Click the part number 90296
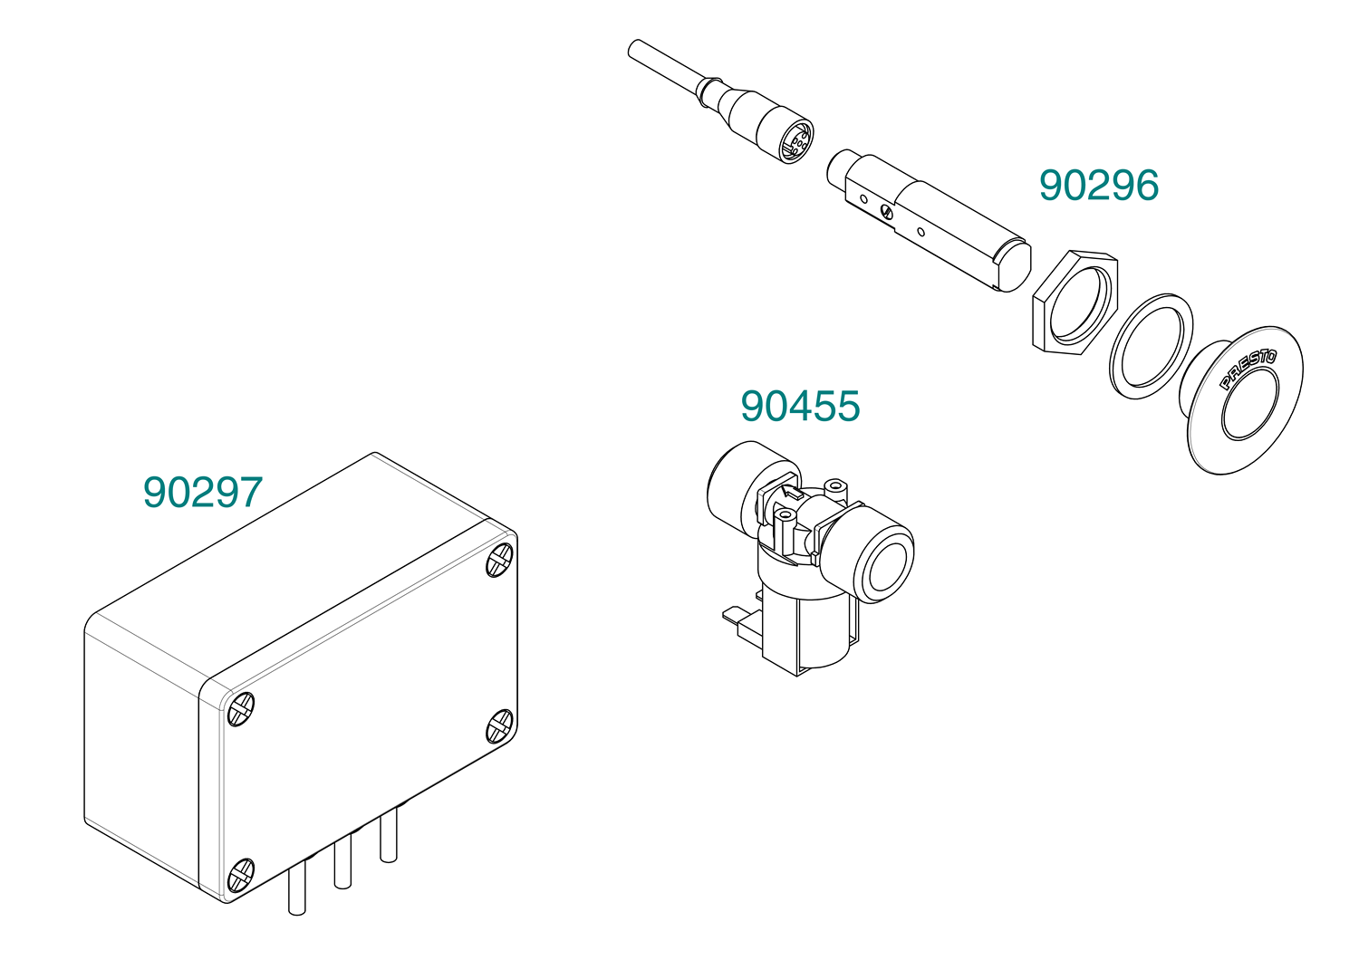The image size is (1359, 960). (x=1099, y=185)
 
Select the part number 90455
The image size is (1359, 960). (x=800, y=406)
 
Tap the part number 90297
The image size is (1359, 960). (x=203, y=492)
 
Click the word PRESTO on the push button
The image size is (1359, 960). (x=1248, y=369)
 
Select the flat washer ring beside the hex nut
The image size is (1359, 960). (x=1151, y=346)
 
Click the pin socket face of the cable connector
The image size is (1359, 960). (x=796, y=142)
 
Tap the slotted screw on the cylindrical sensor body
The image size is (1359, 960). (x=886, y=212)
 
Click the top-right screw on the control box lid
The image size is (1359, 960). (x=500, y=559)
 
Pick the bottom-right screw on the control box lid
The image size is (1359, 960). (x=500, y=726)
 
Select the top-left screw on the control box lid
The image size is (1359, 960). (x=240, y=709)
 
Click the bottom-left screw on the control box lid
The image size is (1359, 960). (x=240, y=876)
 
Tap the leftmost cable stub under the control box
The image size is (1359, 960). (x=296, y=888)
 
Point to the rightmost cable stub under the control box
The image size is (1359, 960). (x=389, y=836)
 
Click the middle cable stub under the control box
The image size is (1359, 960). (x=342, y=863)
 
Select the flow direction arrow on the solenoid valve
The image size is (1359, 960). (x=791, y=492)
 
